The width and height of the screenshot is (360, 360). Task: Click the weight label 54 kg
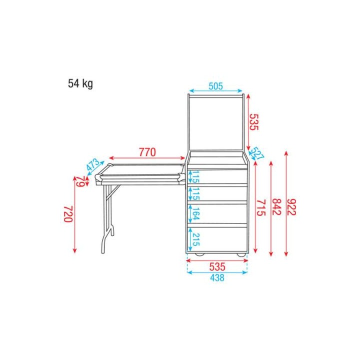pyautogui.click(x=80, y=83)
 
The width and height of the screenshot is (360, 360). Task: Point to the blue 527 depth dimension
pyautogui.click(x=257, y=153)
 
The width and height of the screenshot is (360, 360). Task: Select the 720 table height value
pyautogui.click(x=68, y=214)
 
